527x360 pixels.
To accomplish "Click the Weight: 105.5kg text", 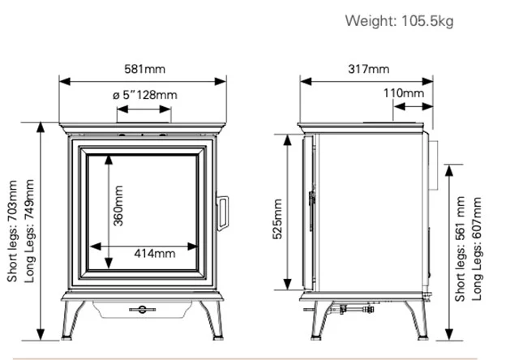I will [x=400, y=20].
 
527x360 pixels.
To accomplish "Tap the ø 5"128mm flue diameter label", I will [x=144, y=96].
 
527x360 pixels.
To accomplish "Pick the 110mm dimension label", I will [x=403, y=94].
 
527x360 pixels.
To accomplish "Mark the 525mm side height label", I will [x=276, y=218].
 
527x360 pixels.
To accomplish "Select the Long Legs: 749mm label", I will [x=30, y=232].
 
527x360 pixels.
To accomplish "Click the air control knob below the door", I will [x=144, y=307].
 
